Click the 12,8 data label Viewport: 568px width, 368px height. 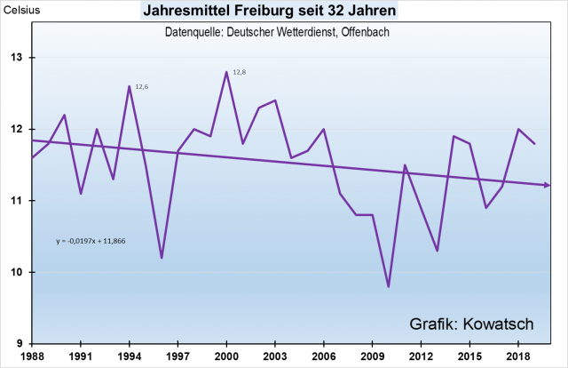click(x=238, y=72)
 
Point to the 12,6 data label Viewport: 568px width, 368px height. click(x=141, y=86)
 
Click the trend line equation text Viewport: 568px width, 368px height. click(x=91, y=240)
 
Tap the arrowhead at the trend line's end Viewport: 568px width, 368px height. click(x=548, y=185)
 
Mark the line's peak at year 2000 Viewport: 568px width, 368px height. click(x=226, y=72)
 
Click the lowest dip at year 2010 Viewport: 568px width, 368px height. click(x=389, y=286)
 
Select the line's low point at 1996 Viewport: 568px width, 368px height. click(x=162, y=258)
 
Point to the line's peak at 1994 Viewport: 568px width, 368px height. click(x=130, y=86)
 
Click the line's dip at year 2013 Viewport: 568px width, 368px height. click(x=438, y=251)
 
